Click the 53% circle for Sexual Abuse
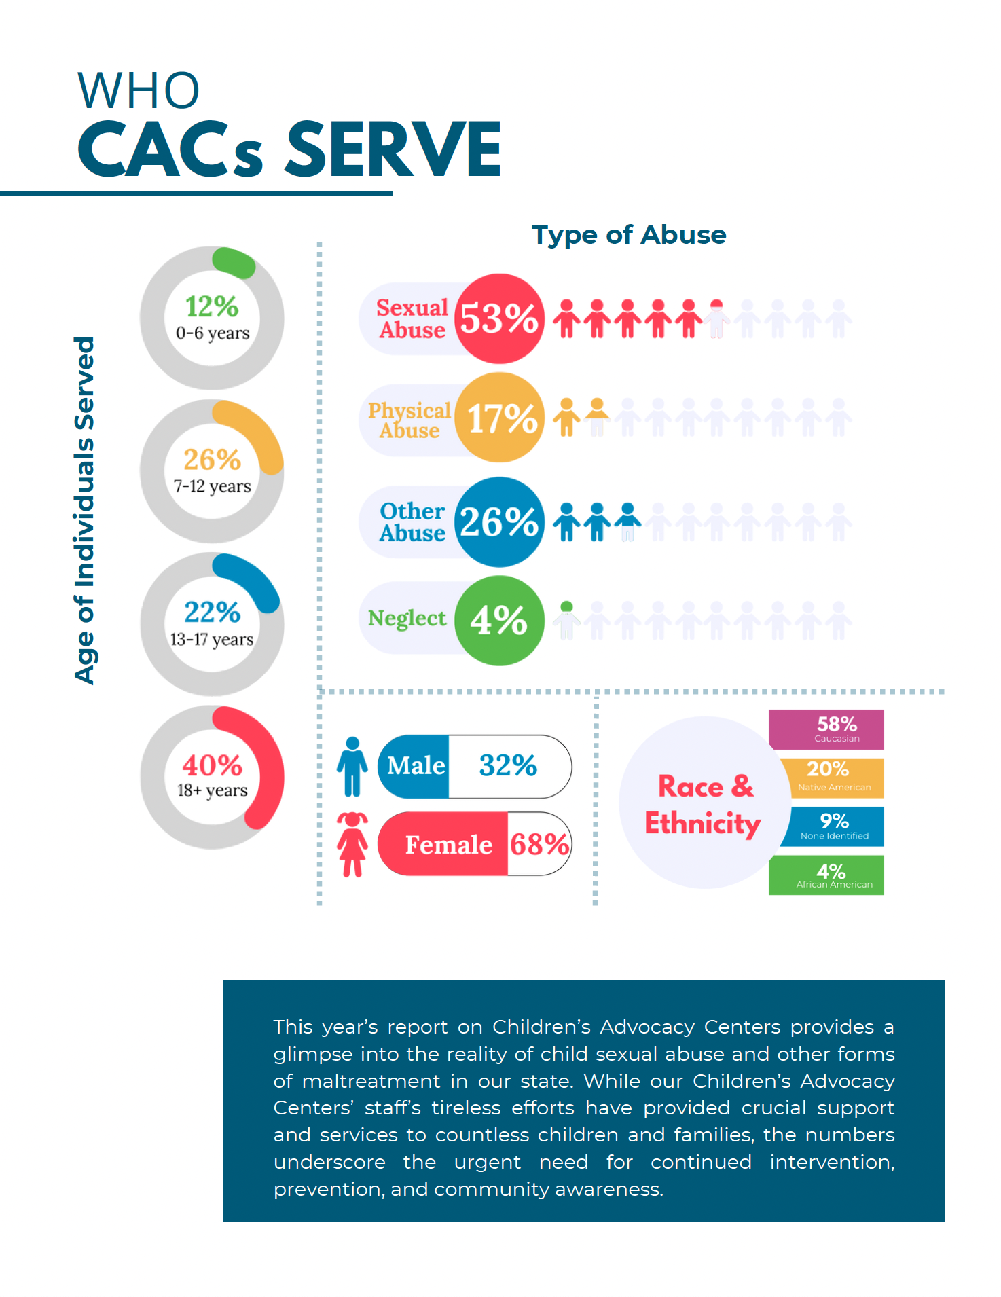point(499,318)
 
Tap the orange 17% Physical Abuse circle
point(499,417)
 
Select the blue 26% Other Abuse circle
point(499,522)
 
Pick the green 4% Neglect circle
point(499,620)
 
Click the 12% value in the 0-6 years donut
point(212,306)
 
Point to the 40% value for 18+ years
point(212,765)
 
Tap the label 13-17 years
point(212,639)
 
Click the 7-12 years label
point(212,486)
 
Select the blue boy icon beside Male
point(352,766)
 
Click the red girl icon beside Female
point(352,844)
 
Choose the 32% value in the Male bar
point(508,765)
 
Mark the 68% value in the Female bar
point(539,844)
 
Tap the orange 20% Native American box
point(833,777)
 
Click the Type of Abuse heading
point(628,235)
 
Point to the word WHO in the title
point(139,90)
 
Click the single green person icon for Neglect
point(566,619)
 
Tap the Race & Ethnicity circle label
point(703,804)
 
